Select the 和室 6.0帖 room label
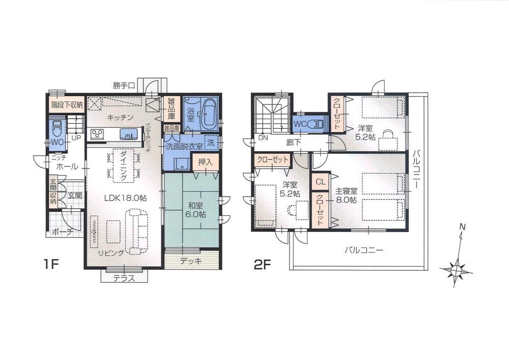[195, 210]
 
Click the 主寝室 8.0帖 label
[346, 196]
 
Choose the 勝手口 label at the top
[124, 86]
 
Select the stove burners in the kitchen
[97, 135]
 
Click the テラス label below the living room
[124, 278]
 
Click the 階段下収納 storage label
[67, 105]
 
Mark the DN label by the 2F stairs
[263, 137]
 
